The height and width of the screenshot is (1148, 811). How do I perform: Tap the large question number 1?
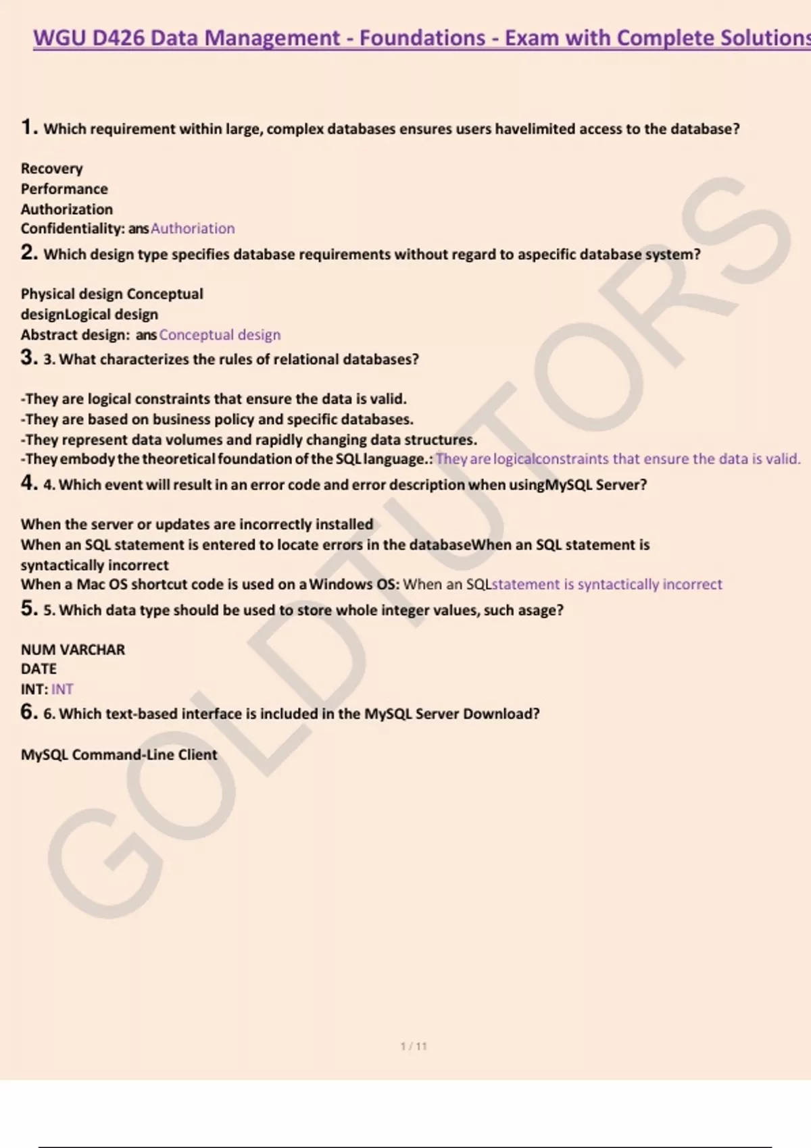click(x=28, y=127)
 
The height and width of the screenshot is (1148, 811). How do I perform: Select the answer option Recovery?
click(x=51, y=169)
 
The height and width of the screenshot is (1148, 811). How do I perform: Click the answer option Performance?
click(x=64, y=189)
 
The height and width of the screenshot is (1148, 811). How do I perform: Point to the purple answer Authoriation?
click(x=193, y=229)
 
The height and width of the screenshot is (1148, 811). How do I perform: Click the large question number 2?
click(x=28, y=253)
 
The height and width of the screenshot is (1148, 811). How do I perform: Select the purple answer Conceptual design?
click(x=220, y=335)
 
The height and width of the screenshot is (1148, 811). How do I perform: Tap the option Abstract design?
click(x=75, y=335)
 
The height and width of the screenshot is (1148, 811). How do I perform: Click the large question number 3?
click(x=28, y=357)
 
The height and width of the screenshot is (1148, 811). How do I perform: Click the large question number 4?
click(x=28, y=483)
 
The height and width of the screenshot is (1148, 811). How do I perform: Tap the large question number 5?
click(x=28, y=608)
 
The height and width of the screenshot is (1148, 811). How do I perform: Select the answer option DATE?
click(x=39, y=669)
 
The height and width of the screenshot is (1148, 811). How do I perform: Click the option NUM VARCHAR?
click(x=73, y=650)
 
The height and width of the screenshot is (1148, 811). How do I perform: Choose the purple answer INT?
click(x=62, y=689)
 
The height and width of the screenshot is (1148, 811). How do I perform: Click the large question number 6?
click(x=28, y=712)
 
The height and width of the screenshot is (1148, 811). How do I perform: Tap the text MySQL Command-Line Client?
click(x=119, y=755)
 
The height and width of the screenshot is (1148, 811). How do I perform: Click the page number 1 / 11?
click(x=414, y=1046)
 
